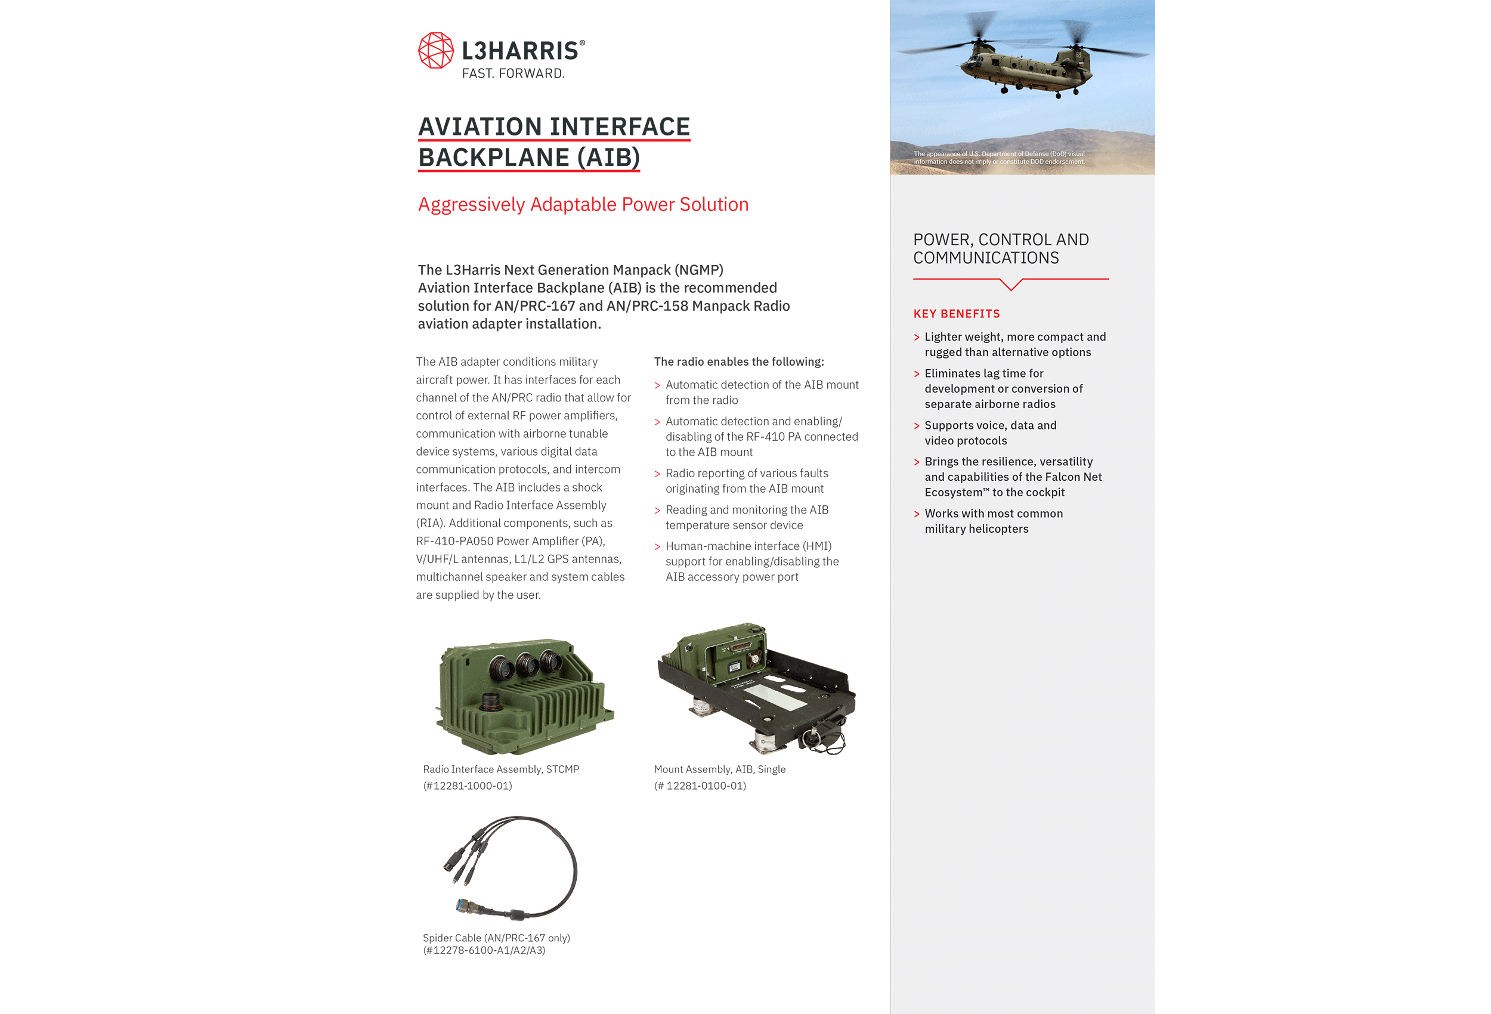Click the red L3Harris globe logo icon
(435, 50)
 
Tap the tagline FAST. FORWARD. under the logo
(514, 73)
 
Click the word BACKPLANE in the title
(494, 157)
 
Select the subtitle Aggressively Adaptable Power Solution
(583, 204)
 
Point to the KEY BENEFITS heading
(957, 314)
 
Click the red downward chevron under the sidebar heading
(1011, 285)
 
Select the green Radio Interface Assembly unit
(525, 695)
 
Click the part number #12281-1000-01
(468, 786)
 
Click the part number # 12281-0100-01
(700, 786)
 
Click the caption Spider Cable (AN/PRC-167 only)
(497, 938)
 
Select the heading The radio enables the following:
(739, 362)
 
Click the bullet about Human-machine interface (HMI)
(752, 561)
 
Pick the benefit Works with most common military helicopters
(993, 521)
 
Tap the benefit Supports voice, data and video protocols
(990, 432)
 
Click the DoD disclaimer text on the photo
(999, 158)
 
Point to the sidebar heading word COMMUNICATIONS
(986, 258)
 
